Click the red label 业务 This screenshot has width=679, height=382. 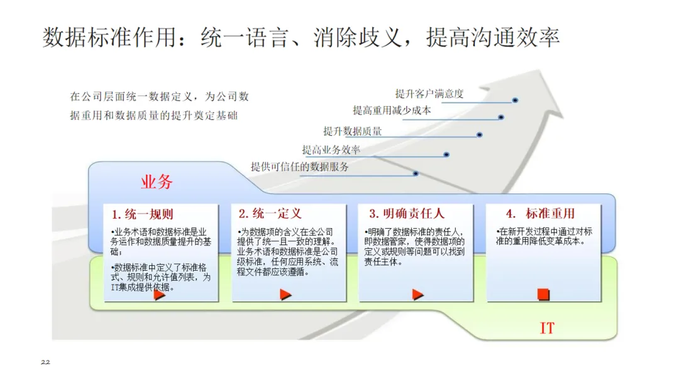pos(157,183)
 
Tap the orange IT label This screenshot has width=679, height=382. pos(548,328)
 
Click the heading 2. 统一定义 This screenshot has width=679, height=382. pos(270,214)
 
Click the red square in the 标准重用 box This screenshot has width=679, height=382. pos(544,293)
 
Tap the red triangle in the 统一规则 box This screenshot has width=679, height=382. pos(160,294)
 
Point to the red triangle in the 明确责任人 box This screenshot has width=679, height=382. pos(417,294)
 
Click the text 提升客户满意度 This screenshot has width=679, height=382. pos(429,94)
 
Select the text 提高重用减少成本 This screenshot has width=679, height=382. pos(392,111)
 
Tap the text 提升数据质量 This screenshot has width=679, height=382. pos(353,131)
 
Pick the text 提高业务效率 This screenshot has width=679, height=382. pos(331,150)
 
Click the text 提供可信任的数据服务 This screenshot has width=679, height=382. pos(300,167)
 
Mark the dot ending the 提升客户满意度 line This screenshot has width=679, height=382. pos(515,100)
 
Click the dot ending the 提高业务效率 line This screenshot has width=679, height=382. pos(446,154)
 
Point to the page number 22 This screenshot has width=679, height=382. pos(45,363)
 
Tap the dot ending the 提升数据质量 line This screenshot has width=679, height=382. pos(479,134)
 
